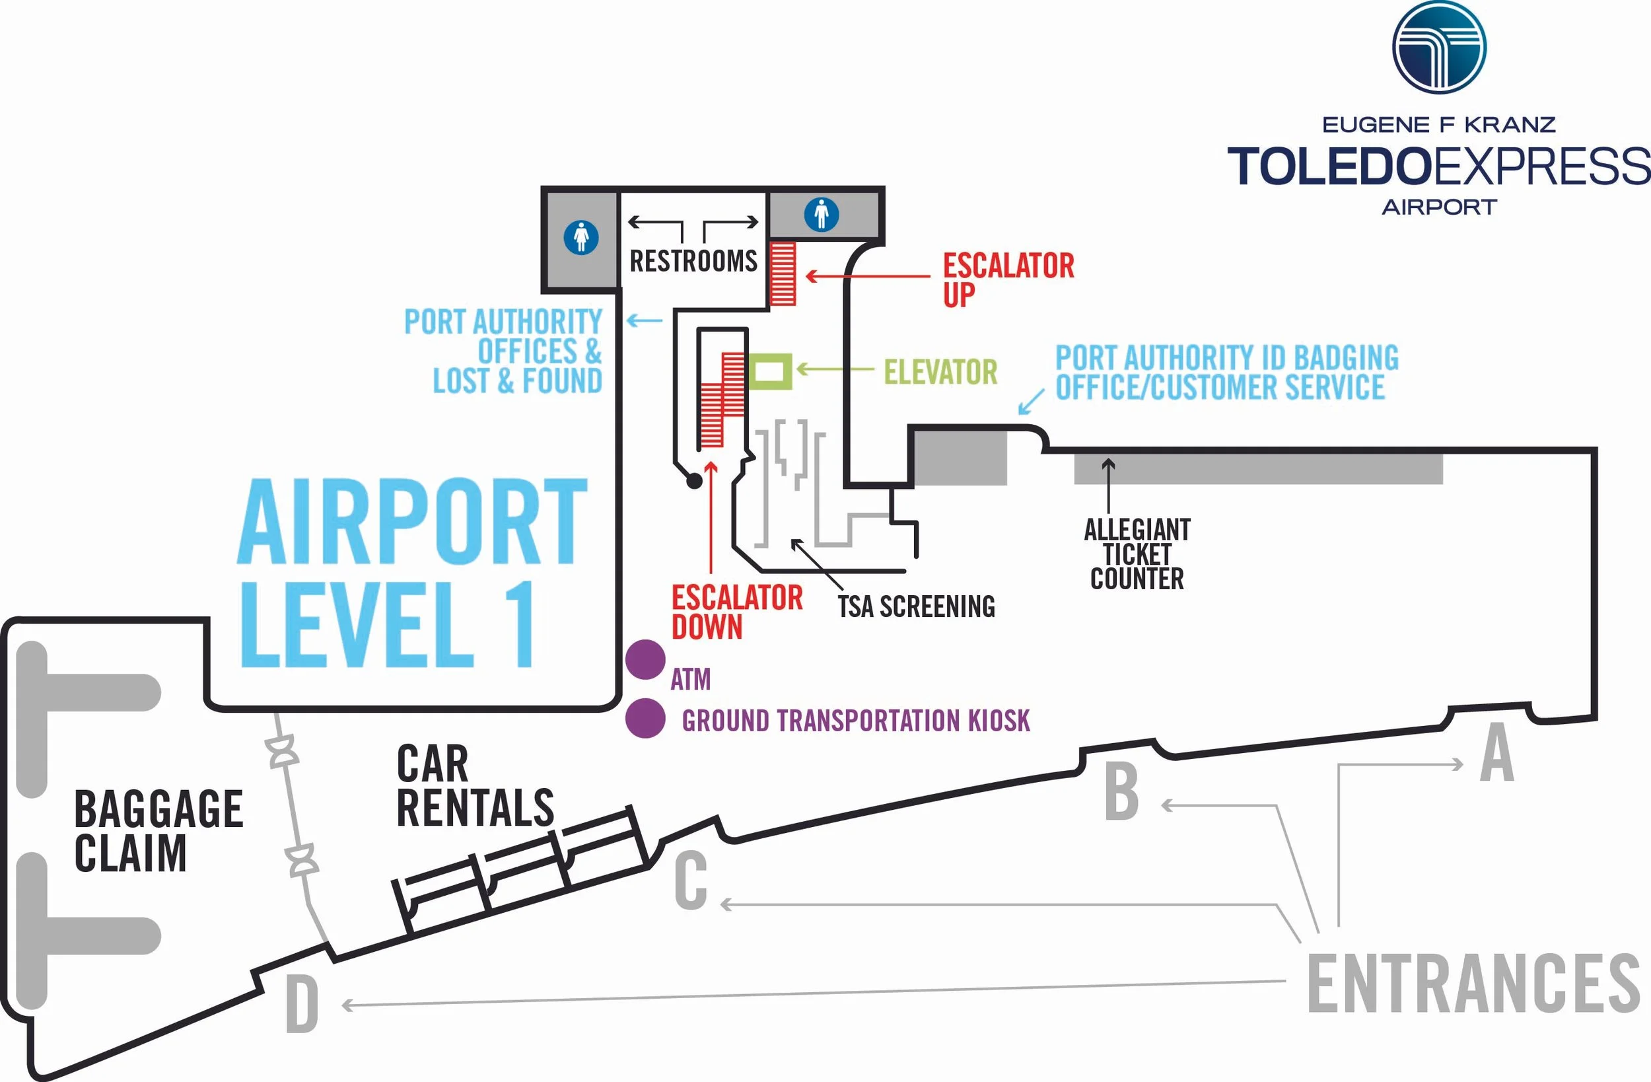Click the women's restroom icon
(x=581, y=237)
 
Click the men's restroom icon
(x=822, y=214)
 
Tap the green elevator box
(x=770, y=371)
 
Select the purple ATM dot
(x=645, y=659)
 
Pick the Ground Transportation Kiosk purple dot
(x=645, y=717)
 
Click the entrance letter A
(x=1496, y=752)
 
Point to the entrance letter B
(x=1122, y=792)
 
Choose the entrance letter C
(x=691, y=881)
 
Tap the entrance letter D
(x=302, y=1004)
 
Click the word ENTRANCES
(x=1473, y=984)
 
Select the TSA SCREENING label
(x=916, y=606)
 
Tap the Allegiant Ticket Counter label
(x=1137, y=554)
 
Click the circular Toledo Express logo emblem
(x=1440, y=47)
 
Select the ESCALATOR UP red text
(x=1008, y=279)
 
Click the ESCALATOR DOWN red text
(x=737, y=612)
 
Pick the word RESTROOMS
(x=693, y=262)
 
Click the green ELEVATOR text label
(x=940, y=372)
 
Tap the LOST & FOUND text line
(x=518, y=381)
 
